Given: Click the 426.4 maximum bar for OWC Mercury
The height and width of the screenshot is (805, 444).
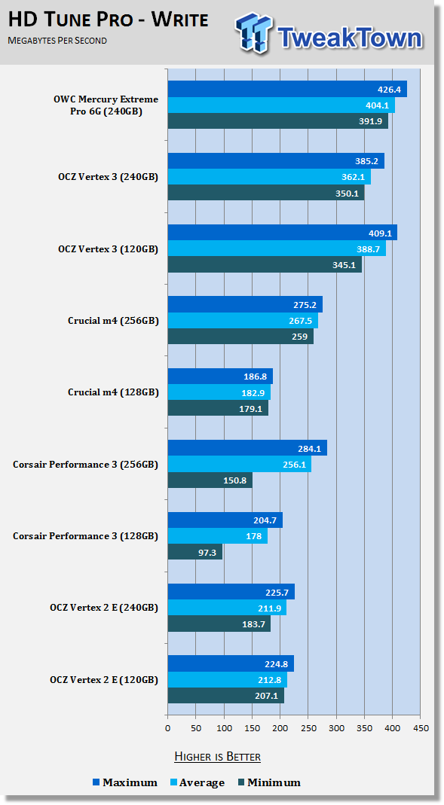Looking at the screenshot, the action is coord(287,90).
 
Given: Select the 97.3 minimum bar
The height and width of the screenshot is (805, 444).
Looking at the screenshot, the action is coord(195,552).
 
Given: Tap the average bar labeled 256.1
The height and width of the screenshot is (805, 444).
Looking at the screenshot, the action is coord(240,464).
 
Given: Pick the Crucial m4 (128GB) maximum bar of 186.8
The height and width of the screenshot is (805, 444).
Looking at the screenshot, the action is coord(220,377).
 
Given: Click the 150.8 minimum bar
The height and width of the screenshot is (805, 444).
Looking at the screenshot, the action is coord(210,480).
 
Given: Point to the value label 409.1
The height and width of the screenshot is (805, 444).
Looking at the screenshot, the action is coord(380,233).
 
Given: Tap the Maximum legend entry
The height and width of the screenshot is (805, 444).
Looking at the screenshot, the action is coord(125,782).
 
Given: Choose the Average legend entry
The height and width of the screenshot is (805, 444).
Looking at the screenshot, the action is coord(198,782).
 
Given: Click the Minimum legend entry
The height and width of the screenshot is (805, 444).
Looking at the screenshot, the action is coord(269,782).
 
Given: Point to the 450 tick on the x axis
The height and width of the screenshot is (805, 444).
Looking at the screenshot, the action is coord(421,728).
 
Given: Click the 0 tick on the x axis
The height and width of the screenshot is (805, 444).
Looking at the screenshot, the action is coord(167,728).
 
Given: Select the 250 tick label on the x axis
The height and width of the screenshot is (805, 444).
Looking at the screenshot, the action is coord(308,728).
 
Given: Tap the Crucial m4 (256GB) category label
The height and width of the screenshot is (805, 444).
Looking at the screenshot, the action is coord(113,321).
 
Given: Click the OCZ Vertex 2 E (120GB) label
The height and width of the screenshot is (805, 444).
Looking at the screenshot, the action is coord(104,680).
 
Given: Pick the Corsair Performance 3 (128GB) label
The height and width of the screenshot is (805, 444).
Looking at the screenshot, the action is coord(85,536).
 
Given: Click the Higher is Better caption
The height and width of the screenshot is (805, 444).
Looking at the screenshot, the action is coord(217,757).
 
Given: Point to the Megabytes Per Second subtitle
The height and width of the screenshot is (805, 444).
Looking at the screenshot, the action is coord(57,41).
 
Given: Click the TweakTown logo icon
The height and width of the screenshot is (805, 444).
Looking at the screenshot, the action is coord(253,33).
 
